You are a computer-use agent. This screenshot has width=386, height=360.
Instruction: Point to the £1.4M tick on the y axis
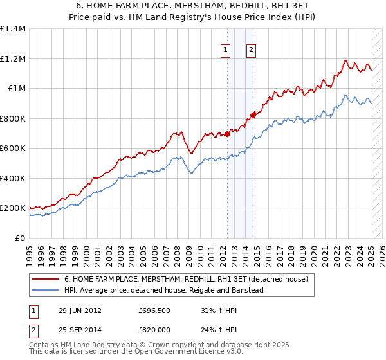(13, 29)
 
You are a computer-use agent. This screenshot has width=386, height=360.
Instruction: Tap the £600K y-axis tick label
(13, 148)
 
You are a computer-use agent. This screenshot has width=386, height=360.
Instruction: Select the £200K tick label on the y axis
(13, 208)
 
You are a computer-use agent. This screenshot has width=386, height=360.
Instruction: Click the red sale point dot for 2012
(226, 134)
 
